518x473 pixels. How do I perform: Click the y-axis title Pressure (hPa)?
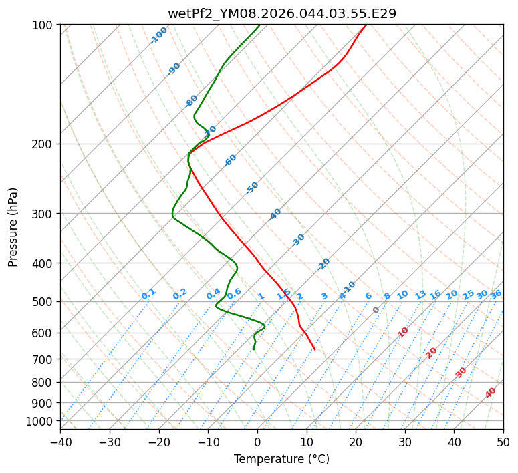coord(13,227)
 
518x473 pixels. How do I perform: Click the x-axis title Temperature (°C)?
coord(281,460)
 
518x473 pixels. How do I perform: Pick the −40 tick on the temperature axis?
coord(60,442)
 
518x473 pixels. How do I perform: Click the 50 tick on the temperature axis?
coord(503,442)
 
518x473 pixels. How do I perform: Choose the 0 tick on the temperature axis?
coord(257,442)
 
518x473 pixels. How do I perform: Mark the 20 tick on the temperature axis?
coord(356,442)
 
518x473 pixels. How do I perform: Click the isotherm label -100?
coord(158,35)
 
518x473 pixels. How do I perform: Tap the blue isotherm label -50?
coord(252,188)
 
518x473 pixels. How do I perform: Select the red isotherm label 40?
coord(491,393)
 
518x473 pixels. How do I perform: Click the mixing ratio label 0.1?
coord(148,294)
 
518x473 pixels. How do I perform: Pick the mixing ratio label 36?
coord(496,294)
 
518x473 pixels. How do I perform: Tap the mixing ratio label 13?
coord(420,295)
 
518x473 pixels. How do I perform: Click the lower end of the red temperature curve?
coord(315,349)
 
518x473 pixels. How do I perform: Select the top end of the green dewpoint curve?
coord(260,25)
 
